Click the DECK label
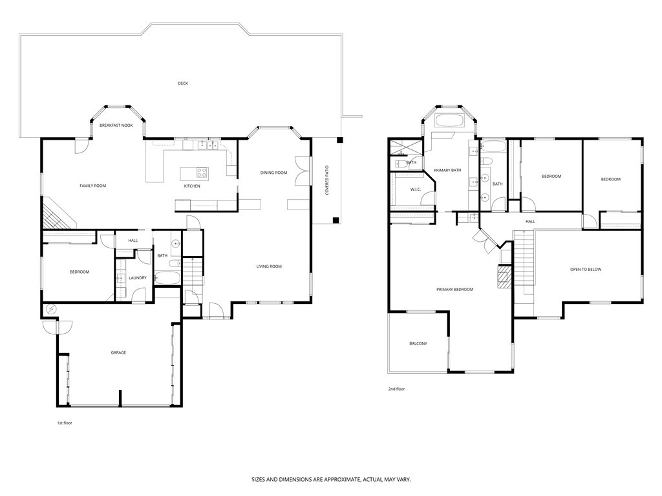pyautogui.click(x=183, y=83)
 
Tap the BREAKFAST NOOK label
pyautogui.click(x=116, y=125)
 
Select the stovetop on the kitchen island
pyautogui.click(x=201, y=173)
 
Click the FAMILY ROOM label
pyautogui.click(x=92, y=186)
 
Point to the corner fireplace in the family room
pyautogui.click(x=54, y=213)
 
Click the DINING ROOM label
pyautogui.click(x=273, y=173)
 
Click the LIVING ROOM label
pyautogui.click(x=269, y=266)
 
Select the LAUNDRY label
pyautogui.click(x=138, y=278)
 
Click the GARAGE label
pyautogui.click(x=118, y=352)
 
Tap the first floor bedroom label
pyautogui.click(x=80, y=272)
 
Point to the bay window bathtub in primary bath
pyautogui.click(x=449, y=120)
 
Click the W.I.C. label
pyautogui.click(x=416, y=189)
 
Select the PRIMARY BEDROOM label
pyautogui.click(x=454, y=290)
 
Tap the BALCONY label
pyautogui.click(x=418, y=343)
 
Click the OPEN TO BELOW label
pyautogui.click(x=586, y=270)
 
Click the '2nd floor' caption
pyautogui.click(x=396, y=389)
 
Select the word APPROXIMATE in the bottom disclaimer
pyautogui.click(x=331, y=480)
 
